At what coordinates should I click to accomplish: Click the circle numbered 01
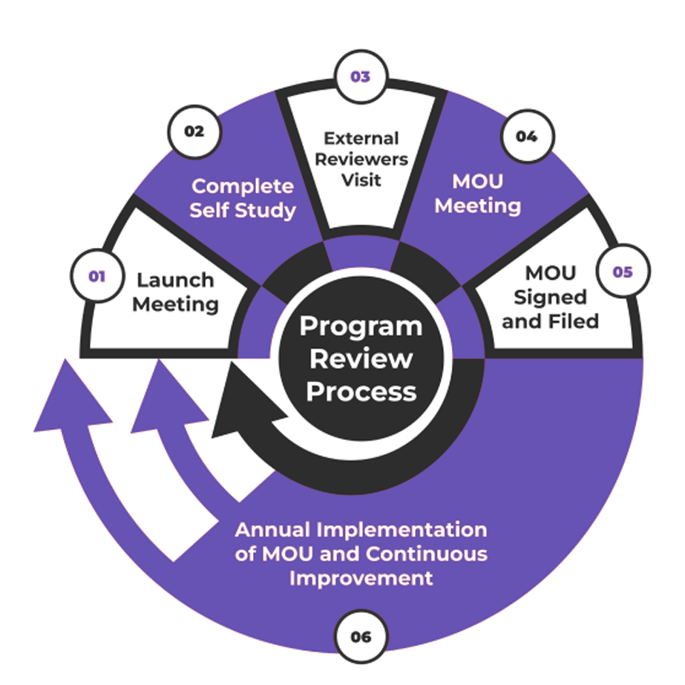(96, 276)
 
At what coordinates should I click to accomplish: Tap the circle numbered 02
(194, 131)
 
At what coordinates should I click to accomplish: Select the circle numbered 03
(360, 76)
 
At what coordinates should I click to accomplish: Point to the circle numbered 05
(622, 272)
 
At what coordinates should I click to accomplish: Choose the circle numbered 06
(360, 637)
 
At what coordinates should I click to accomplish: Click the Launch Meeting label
(176, 292)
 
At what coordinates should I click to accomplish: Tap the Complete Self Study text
(243, 197)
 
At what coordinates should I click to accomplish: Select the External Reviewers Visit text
(361, 159)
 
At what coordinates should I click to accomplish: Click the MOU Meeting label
(477, 194)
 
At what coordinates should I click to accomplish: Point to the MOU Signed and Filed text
(550, 297)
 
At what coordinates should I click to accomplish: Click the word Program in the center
(361, 327)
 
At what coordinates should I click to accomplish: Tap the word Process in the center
(361, 391)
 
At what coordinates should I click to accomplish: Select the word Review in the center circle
(361, 359)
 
